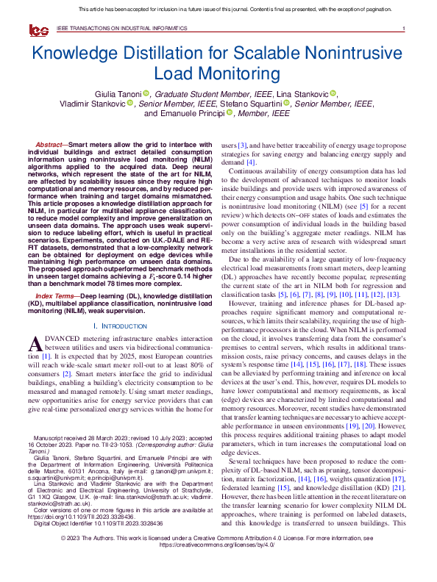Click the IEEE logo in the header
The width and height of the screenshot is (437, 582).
point(38,29)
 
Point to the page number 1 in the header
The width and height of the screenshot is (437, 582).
point(404,29)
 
